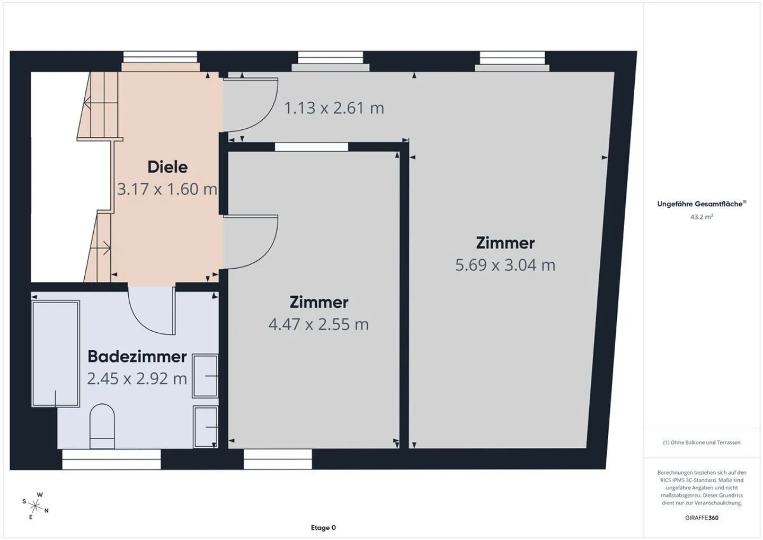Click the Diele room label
167,167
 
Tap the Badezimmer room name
137,357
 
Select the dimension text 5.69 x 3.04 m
505,265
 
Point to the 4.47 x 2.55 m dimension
318,324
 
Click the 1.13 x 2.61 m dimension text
334,108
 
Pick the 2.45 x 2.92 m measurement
137,378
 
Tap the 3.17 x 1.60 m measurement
167,189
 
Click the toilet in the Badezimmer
102,426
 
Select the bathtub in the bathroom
56,353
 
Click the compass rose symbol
35,506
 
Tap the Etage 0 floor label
323,528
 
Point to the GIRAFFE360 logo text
702,518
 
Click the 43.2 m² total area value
702,217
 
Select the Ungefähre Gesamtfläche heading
702,204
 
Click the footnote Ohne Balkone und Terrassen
702,442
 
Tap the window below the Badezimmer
111,459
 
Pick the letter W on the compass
40,494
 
